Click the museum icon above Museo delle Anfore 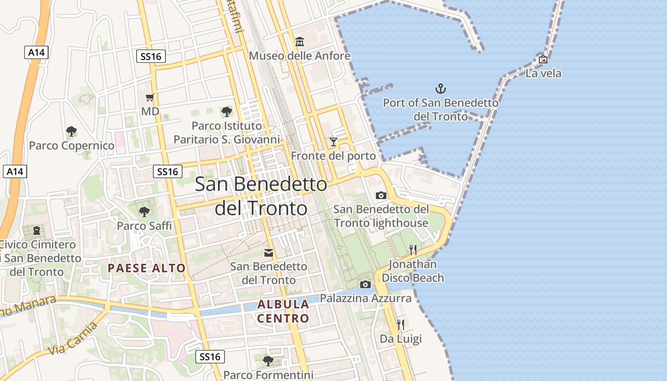point(300,42)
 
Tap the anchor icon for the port point(441,88)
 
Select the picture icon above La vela point(543,59)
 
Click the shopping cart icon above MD point(150,98)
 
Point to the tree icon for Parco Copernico point(71,131)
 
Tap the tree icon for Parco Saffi point(144,211)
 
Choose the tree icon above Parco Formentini point(268,361)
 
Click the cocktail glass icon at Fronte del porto point(333,142)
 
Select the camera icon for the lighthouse point(381,195)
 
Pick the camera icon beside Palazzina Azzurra point(365,284)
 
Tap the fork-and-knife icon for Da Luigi point(401,325)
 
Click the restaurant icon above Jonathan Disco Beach point(413,250)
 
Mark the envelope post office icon point(269,253)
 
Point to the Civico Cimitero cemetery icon point(37,231)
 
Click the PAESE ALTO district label point(147,268)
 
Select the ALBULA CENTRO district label point(283,311)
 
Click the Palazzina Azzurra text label point(365,299)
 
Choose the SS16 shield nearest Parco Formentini point(210,357)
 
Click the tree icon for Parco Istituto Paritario point(227,112)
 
